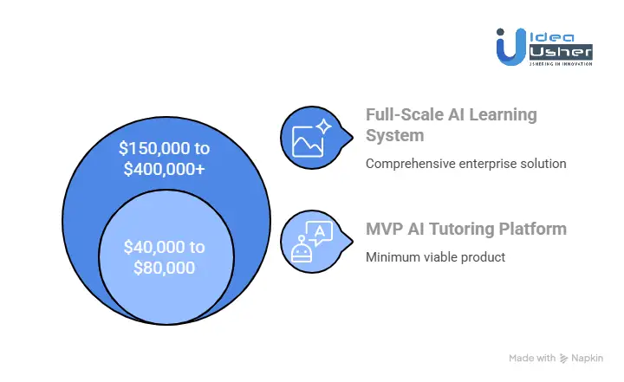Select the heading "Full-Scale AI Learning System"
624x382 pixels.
[452, 126]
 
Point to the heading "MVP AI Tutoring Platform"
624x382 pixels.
[465, 230]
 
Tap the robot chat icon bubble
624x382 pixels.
[312, 240]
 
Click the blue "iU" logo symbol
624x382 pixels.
[510, 45]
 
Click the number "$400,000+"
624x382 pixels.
[165, 169]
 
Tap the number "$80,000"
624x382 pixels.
[165, 268]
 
